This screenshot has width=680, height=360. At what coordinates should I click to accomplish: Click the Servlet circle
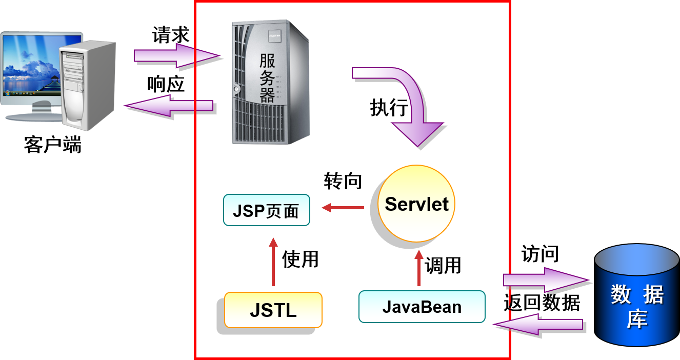tap(416, 204)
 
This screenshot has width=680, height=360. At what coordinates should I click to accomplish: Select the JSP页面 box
tap(266, 210)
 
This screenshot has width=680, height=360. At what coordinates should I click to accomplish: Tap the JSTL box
tap(273, 310)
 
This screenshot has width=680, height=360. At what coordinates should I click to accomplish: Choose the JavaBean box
tap(422, 307)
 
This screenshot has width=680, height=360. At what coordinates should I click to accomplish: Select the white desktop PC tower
tap(87, 85)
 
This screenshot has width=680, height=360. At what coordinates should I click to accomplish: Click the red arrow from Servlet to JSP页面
tap(343, 208)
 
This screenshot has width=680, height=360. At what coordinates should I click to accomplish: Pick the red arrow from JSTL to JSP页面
tap(273, 262)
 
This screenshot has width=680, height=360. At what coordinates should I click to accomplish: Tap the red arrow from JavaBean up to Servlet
tap(419, 268)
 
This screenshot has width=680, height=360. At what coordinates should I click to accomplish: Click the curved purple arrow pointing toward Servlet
tap(405, 103)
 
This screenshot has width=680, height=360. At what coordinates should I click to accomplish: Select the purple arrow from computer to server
tap(177, 55)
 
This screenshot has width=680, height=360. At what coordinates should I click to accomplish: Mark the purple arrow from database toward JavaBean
tap(538, 325)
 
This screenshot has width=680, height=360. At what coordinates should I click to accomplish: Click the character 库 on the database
tap(637, 319)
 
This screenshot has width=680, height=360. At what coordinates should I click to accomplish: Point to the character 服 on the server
tap(267, 61)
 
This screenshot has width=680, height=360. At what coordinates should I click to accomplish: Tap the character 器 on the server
tap(267, 95)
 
